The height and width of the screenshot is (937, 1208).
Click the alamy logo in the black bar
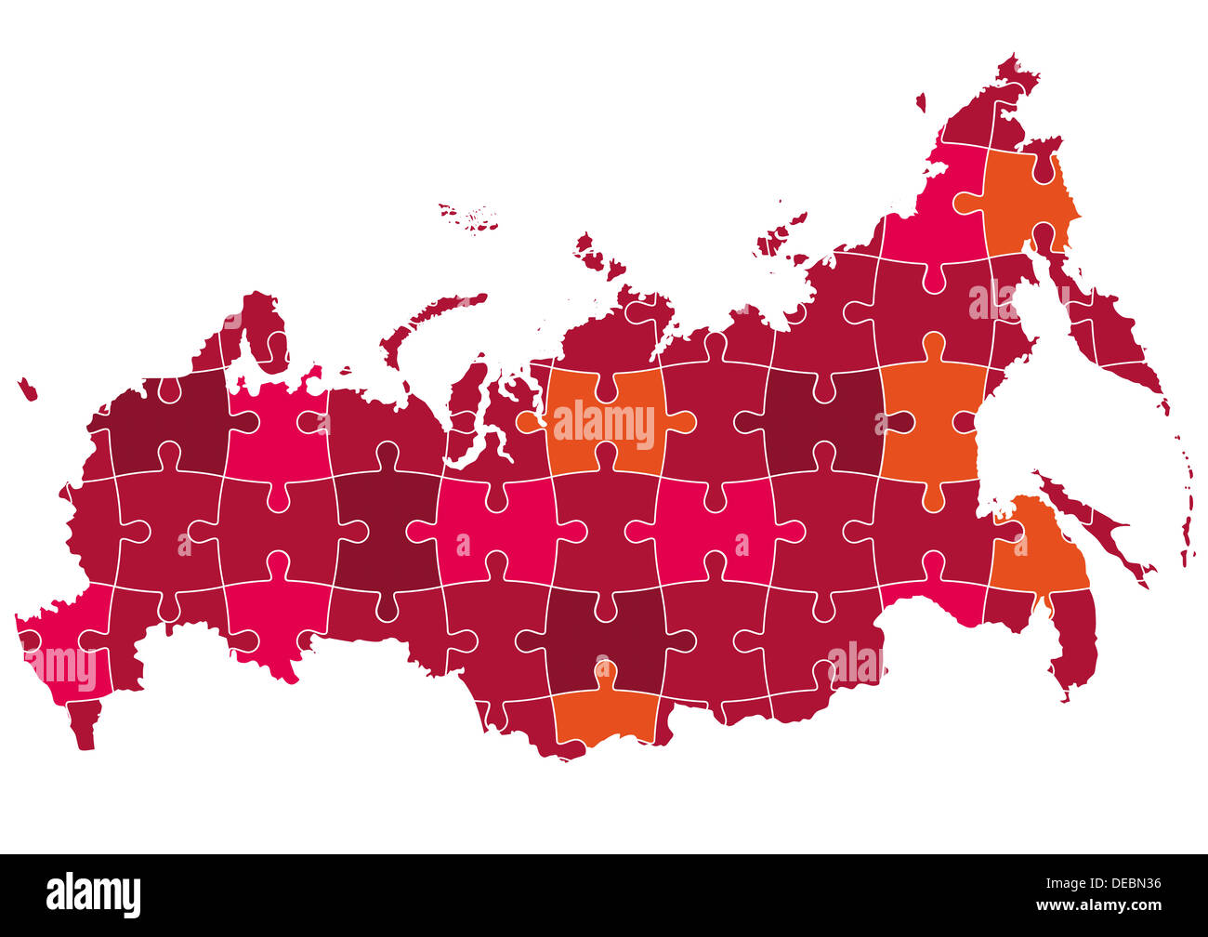coord(93,894)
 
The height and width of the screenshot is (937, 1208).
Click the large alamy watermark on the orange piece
coord(604,424)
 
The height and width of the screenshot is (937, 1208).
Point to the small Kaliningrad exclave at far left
coord(27,389)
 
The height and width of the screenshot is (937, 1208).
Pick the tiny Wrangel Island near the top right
coord(921,102)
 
